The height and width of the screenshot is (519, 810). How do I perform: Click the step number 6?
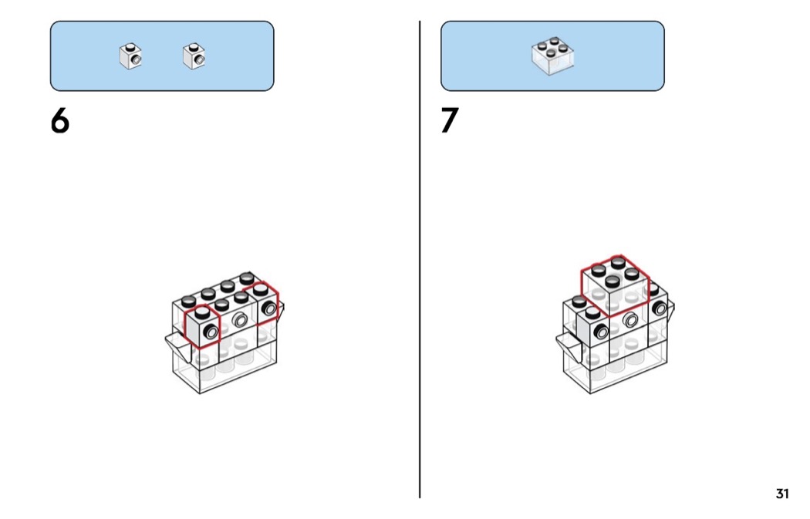point(60,121)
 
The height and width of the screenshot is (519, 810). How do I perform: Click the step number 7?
point(450,120)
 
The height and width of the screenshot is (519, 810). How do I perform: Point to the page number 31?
point(782,494)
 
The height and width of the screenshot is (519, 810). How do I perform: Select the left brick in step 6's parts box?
point(130,56)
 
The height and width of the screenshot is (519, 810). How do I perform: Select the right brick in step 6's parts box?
point(194,56)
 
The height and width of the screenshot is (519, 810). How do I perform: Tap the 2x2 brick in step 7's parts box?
point(552,56)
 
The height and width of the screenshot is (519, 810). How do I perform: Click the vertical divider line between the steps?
point(420,259)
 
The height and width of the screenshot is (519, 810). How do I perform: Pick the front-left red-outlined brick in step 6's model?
point(202,327)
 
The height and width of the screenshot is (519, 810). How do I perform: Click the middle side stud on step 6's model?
point(239,320)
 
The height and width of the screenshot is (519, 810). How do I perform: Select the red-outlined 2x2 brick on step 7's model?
point(615,285)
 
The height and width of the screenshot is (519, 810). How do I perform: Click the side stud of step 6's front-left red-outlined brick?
point(211,331)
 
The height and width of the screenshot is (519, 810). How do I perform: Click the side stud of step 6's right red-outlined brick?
point(269,308)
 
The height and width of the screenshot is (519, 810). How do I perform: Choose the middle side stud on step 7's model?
point(629,320)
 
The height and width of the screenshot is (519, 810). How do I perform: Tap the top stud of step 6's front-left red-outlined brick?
point(201,312)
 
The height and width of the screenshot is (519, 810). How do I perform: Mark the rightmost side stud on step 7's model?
point(660,308)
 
